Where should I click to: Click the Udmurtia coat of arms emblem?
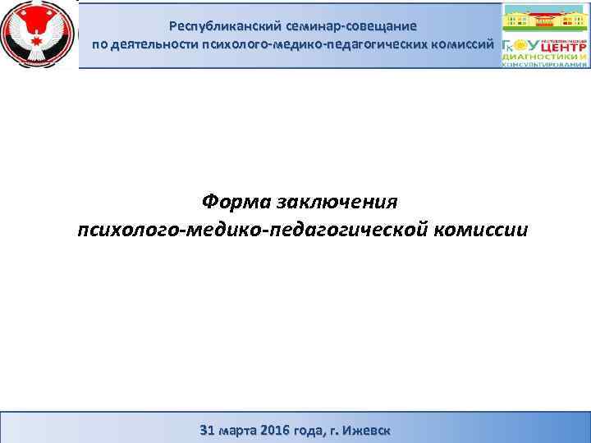click(38, 34)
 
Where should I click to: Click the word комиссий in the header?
click(462, 43)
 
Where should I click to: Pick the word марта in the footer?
click(239, 429)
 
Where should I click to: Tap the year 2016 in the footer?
click(277, 429)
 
